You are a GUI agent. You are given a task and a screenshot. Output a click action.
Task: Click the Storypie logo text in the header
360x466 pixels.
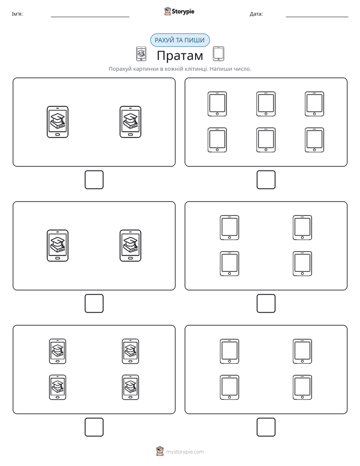(x=183, y=12)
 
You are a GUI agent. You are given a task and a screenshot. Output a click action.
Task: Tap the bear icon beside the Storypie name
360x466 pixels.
(x=167, y=11)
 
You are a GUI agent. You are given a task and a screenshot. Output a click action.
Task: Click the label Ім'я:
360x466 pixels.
(x=17, y=14)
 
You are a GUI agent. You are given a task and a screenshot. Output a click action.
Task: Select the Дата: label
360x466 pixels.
(x=256, y=14)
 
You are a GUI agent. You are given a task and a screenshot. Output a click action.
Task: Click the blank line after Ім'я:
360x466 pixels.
(x=90, y=17)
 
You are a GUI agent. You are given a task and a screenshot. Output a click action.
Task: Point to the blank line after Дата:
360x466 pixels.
(x=317, y=17)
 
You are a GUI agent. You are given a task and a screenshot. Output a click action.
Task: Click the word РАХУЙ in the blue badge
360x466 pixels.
(x=164, y=40)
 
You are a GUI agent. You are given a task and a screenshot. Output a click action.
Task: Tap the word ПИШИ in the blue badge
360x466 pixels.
(x=196, y=40)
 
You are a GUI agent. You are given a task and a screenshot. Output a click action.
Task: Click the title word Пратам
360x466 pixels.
(x=179, y=55)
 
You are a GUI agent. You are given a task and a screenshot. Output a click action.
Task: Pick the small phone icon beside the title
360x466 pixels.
(x=141, y=54)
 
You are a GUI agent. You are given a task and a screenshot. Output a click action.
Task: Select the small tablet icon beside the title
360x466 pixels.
(x=218, y=54)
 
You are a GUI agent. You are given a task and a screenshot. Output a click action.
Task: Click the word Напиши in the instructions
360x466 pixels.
(x=220, y=69)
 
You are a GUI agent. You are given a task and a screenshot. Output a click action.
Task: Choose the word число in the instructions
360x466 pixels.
(x=241, y=69)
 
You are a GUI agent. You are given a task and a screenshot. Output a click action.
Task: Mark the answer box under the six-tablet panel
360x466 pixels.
(x=266, y=180)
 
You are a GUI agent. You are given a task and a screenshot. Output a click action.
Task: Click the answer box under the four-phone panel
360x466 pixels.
(x=94, y=427)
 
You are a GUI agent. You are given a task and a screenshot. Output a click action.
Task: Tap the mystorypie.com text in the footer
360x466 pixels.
(x=185, y=452)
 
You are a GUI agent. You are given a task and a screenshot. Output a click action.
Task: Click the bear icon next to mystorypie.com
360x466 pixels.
(x=160, y=451)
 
